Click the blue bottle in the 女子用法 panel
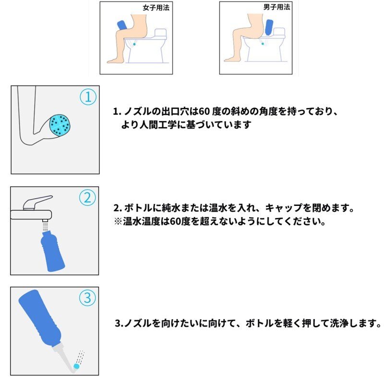[x=122, y=24]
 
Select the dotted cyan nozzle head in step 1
[x=60, y=125]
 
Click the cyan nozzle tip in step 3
[x=76, y=366]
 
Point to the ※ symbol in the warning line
[x=118, y=223]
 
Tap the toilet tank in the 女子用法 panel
[x=160, y=34]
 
